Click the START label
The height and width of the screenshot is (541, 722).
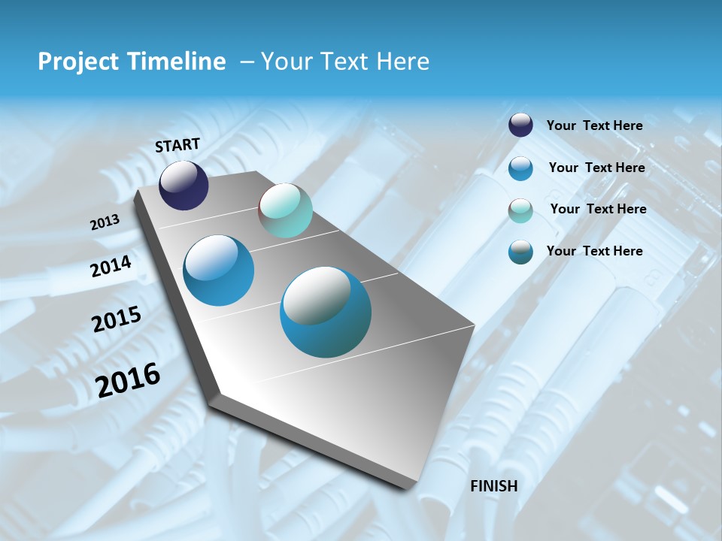177,145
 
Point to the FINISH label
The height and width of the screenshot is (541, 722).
494,486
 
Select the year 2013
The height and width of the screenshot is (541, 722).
105,222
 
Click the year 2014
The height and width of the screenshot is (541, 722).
111,266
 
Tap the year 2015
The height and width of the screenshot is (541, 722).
116,319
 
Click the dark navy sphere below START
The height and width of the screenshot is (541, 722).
184,186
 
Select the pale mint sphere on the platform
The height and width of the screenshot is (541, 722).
285,210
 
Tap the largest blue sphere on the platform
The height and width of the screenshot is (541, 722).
326,312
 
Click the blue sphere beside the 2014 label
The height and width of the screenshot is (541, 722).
218,270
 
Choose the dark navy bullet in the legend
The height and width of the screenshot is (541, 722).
520,125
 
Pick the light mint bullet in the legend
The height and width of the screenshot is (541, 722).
520,210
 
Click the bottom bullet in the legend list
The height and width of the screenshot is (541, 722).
520,252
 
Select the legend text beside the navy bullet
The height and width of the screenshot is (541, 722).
594,125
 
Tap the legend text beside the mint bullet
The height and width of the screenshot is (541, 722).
598,209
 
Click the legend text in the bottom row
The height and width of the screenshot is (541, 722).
594,251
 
